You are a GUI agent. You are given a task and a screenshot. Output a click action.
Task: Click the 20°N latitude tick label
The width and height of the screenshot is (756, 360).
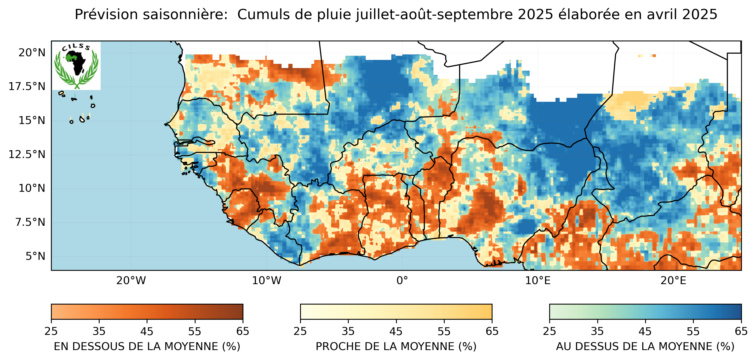tap(32, 53)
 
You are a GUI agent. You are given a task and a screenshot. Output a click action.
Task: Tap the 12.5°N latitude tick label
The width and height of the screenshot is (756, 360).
tap(27, 154)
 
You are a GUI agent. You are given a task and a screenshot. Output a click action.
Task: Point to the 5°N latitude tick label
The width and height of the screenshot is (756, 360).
tap(35, 256)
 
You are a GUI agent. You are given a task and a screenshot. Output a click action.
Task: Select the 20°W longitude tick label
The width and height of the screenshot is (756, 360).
tap(131, 281)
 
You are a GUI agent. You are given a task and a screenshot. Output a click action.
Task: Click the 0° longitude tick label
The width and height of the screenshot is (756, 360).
tap(402, 281)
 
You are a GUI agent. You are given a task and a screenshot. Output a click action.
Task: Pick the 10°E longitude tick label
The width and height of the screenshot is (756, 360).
tap(538, 281)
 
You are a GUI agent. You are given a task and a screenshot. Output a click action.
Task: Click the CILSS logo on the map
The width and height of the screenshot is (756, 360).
tap(76, 65)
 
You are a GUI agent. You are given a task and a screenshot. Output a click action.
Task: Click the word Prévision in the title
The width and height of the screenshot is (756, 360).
tap(106, 15)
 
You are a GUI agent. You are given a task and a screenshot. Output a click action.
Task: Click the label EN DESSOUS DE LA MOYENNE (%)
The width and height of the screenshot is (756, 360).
tap(147, 346)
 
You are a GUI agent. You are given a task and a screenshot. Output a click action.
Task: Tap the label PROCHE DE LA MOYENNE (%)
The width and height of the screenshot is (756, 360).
tap(396, 346)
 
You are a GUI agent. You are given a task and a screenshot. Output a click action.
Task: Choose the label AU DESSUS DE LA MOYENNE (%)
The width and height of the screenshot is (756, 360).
tap(645, 346)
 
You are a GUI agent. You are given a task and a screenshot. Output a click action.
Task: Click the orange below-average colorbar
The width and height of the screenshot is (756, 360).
tap(147, 312)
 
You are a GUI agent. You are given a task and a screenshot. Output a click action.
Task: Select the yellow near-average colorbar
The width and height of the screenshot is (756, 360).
tap(396, 312)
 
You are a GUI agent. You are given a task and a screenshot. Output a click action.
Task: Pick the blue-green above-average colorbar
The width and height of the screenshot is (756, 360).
tap(645, 312)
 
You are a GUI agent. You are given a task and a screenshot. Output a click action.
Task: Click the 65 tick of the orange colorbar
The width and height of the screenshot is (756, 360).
tap(243, 331)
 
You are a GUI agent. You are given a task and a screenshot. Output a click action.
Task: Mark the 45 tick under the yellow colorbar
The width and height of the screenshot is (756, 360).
tap(396, 331)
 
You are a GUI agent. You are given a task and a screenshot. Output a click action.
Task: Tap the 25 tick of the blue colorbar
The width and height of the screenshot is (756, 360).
tap(549, 331)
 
